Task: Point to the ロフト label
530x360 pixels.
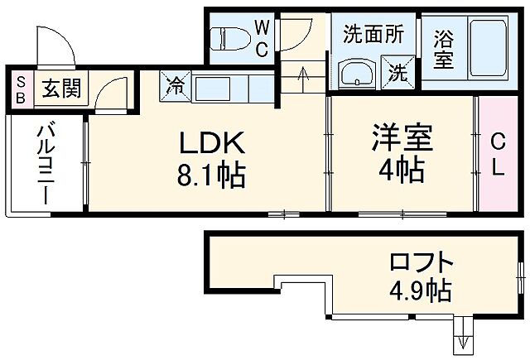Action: click(x=422, y=264)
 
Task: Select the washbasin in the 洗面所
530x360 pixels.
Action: click(x=358, y=73)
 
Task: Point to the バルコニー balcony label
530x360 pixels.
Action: click(x=45, y=165)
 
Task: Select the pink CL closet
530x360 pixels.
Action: click(x=498, y=154)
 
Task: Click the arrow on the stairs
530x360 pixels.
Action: click(x=303, y=78)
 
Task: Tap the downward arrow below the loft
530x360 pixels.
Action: click(x=461, y=340)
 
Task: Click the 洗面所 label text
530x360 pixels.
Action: click(x=373, y=35)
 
